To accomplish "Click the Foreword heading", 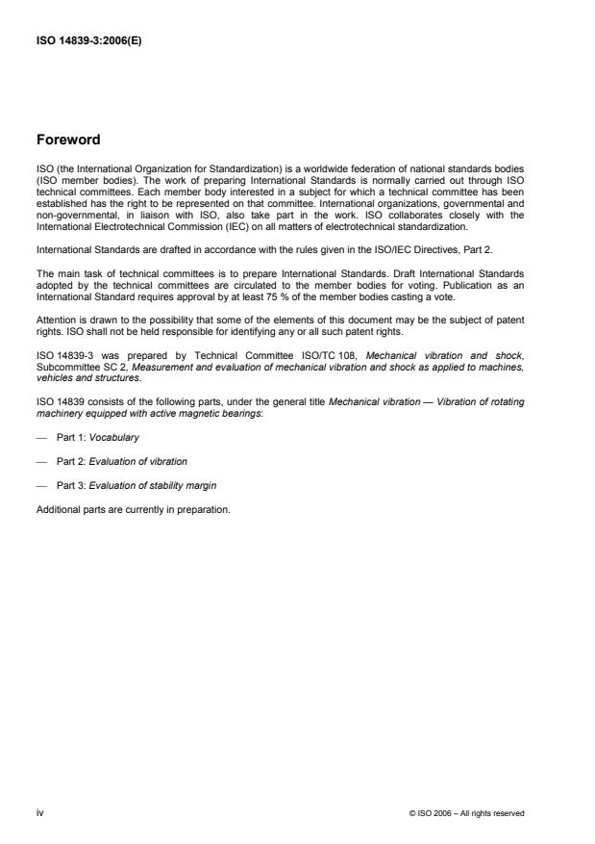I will click(67, 139).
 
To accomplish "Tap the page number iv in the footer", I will click(39, 813).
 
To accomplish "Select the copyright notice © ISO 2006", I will click(467, 813).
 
